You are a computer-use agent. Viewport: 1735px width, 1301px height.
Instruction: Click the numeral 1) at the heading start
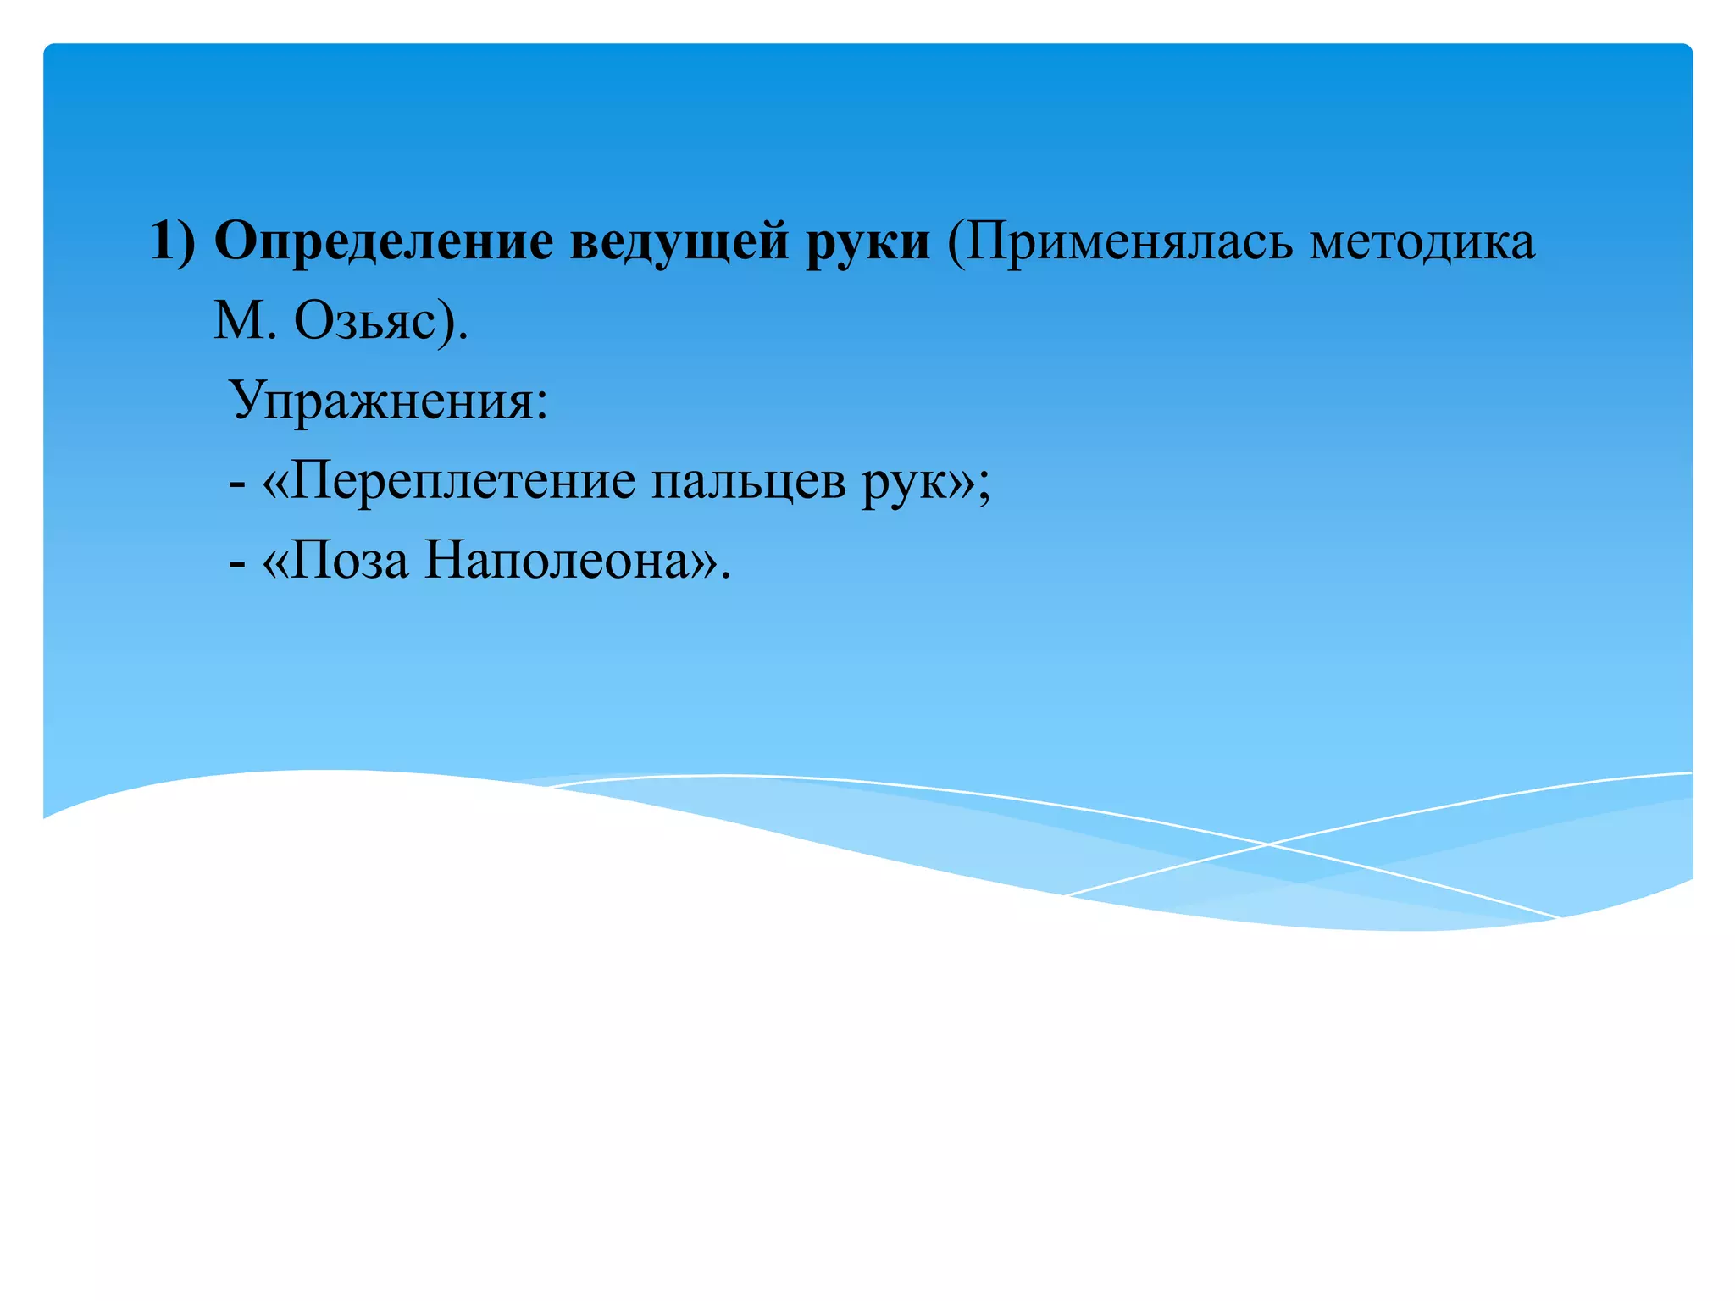[x=172, y=242]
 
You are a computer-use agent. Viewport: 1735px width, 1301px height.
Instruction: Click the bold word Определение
[x=384, y=242]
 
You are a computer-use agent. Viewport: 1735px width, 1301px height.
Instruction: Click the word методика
[x=1422, y=242]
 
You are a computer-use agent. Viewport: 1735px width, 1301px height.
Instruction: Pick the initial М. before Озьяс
[x=245, y=322]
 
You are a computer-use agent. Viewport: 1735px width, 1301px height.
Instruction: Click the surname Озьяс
[x=364, y=322]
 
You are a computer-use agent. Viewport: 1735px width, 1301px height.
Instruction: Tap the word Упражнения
[x=381, y=401]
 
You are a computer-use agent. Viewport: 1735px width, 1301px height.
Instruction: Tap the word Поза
[x=350, y=560]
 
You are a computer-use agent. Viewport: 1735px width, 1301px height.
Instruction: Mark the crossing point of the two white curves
[x=1268, y=844]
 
